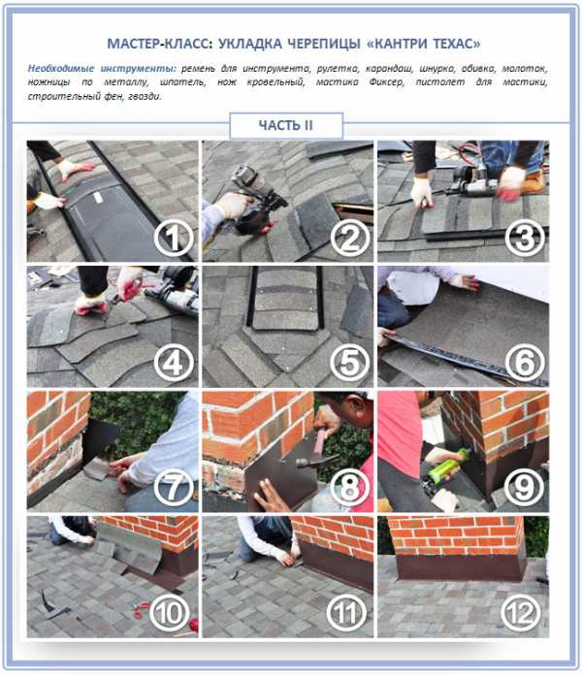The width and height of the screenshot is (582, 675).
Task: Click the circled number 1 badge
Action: click(174, 238)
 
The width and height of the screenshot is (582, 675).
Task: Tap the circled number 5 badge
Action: click(349, 363)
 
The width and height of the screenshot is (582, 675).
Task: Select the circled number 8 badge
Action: click(349, 488)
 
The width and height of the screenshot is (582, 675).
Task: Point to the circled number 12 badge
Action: click(521, 613)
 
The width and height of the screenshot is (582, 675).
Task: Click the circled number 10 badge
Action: click(170, 613)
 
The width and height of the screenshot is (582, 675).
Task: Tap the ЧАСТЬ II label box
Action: click(286, 125)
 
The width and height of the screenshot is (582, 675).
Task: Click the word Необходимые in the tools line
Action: click(61, 69)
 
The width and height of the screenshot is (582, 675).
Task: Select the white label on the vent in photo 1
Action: click(98, 198)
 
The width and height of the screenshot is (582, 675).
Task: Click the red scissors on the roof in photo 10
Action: click(142, 610)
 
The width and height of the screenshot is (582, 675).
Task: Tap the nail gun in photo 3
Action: click(472, 180)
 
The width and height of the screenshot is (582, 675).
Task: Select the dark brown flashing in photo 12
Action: click(461, 567)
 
